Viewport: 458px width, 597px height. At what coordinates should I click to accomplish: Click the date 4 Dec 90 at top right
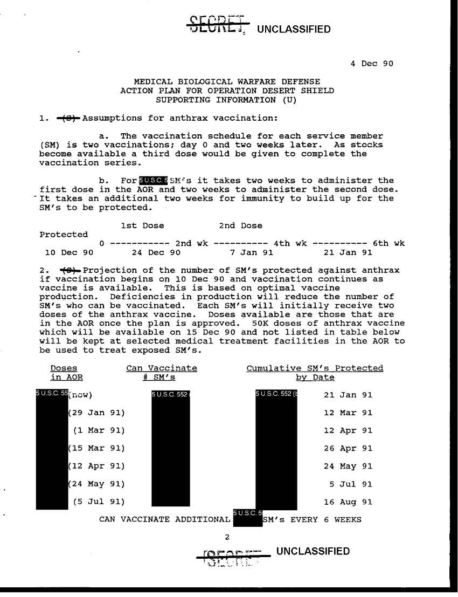pos(372,63)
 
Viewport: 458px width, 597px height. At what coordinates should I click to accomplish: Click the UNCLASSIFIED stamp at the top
pos(294,29)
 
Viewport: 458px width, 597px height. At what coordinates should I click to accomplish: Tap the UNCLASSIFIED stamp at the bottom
pos(312,551)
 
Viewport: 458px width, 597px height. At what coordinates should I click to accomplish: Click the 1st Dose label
pos(143,225)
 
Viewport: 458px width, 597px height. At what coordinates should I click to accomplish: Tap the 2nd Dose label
pos(241,225)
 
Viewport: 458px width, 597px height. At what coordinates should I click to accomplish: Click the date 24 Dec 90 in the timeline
pos(156,252)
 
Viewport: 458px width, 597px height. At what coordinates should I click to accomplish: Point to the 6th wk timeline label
pos(392,243)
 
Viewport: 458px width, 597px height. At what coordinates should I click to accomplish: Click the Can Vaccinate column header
pos(162,368)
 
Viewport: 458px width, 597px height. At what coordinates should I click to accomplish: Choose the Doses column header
pos(64,368)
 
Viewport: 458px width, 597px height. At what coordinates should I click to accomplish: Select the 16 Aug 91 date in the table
pos(348,502)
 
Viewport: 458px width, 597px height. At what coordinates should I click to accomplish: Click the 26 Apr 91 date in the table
pos(348,448)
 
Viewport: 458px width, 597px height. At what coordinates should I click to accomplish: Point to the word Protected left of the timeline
pos(64,235)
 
